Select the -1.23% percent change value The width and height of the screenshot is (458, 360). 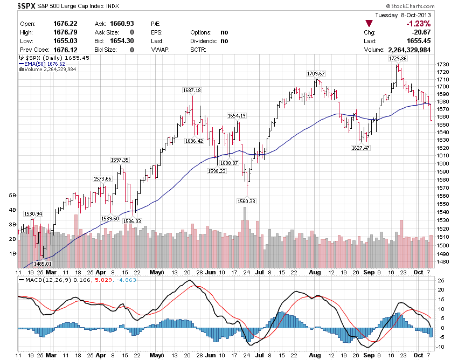419,24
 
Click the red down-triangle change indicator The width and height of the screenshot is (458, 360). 369,24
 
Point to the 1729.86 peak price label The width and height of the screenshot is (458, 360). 398,58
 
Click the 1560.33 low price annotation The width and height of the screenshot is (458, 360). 246,201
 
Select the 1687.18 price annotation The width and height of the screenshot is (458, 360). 192,90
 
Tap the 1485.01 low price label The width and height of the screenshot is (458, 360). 43,264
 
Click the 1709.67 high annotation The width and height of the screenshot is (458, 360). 316,73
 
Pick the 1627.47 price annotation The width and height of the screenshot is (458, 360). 360,148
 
